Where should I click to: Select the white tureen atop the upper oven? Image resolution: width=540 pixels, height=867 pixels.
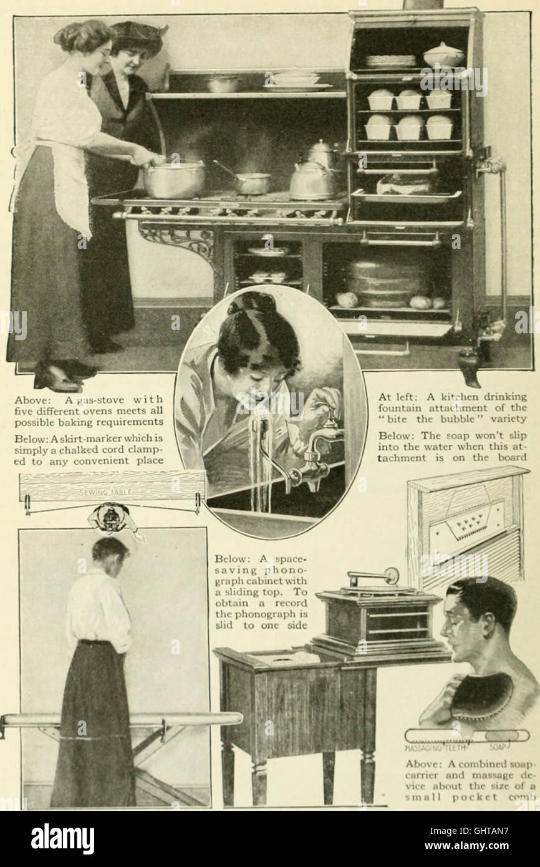[x=443, y=56]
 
